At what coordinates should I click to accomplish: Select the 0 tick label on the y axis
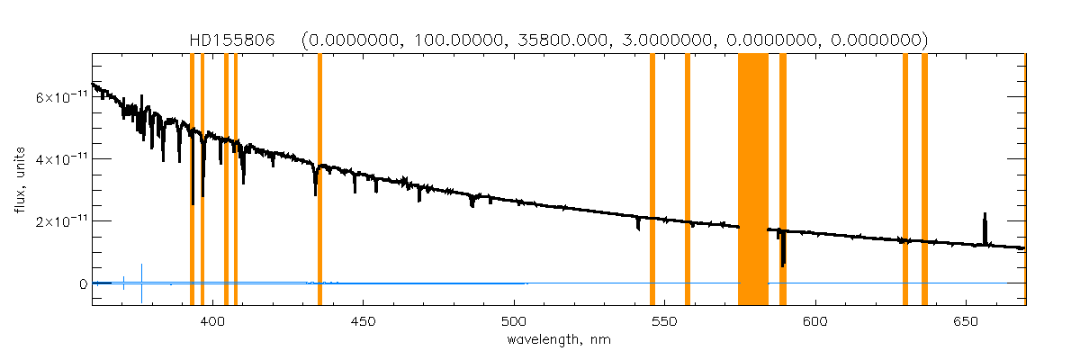[x=83, y=283]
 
